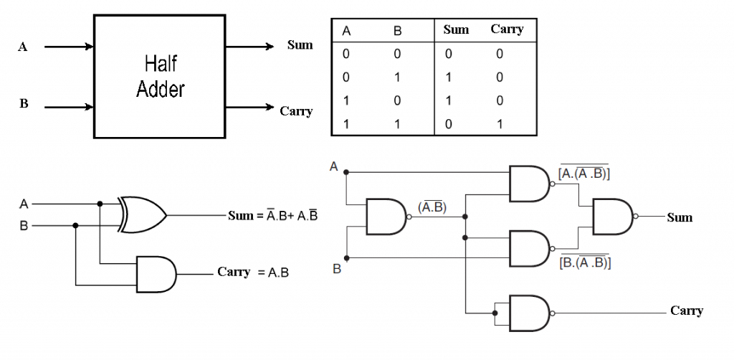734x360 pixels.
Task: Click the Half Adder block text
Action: click(160, 77)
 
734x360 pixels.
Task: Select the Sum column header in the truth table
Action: click(456, 29)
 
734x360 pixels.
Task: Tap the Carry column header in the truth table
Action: click(507, 29)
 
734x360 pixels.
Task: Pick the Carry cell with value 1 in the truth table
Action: click(500, 123)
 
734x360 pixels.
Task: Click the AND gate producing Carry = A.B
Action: click(155, 273)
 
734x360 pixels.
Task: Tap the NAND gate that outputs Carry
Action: click(529, 313)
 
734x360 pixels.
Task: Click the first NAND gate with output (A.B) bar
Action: click(387, 217)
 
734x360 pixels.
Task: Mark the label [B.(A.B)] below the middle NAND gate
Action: click(583, 262)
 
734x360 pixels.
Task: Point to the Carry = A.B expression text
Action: click(252, 273)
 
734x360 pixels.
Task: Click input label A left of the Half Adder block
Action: click(23, 47)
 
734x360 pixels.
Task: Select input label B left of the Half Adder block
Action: click(23, 104)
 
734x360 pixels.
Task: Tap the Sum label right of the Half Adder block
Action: click(300, 45)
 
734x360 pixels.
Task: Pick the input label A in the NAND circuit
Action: click(333, 166)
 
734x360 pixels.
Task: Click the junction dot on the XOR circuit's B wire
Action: click(75, 224)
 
